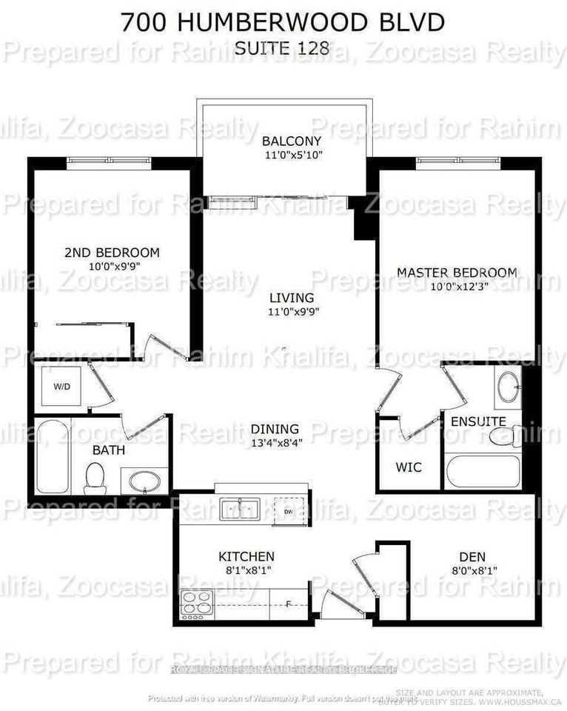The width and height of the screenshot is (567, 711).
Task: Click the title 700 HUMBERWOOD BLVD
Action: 283,22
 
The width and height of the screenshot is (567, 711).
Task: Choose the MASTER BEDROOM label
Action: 457,273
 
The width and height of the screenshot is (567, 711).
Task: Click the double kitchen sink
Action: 239,509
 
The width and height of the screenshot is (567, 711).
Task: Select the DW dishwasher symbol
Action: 287,510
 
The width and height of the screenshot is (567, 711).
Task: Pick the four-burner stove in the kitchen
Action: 197,604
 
